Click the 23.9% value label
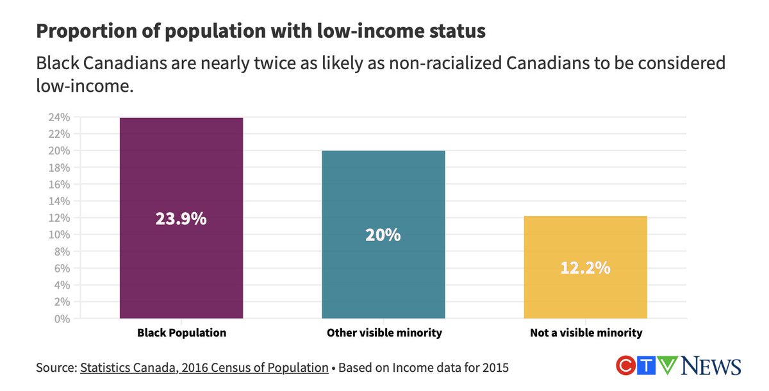tap(181, 219)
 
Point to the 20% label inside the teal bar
tap(383, 235)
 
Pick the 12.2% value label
tap(585, 268)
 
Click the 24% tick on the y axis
tap(60, 117)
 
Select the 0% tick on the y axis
tap(62, 318)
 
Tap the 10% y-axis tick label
tap(60, 235)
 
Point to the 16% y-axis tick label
tap(60, 184)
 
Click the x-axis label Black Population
tap(181, 333)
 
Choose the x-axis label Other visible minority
tap(384, 333)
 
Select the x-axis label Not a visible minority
tap(586, 333)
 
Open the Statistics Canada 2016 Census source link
tap(204, 368)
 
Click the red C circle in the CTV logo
tap(625, 366)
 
